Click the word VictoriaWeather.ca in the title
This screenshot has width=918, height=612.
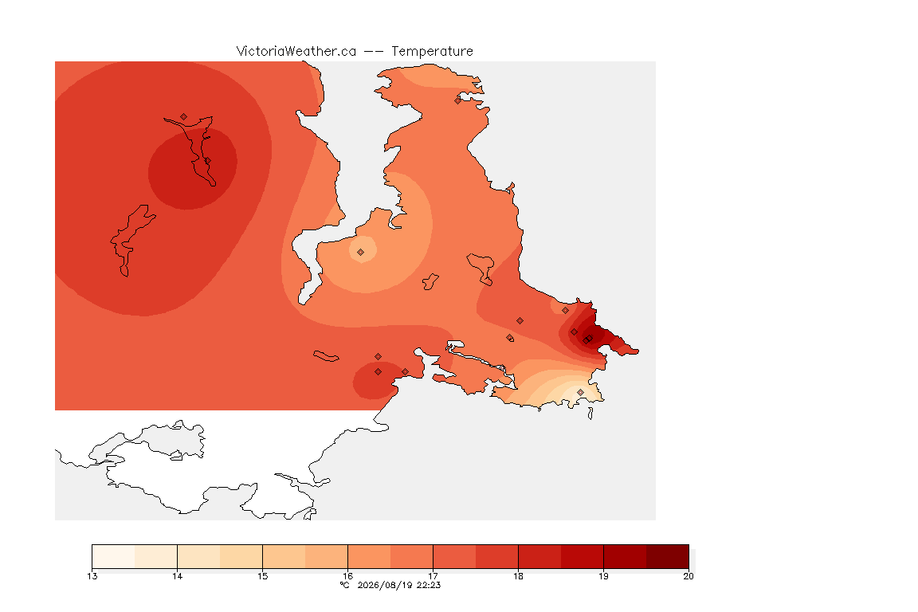click(x=296, y=52)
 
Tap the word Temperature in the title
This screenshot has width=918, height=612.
click(x=432, y=52)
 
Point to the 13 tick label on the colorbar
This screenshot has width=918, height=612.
click(x=92, y=576)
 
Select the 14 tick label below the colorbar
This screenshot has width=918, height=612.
click(x=178, y=576)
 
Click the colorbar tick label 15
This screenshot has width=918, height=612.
click(x=263, y=576)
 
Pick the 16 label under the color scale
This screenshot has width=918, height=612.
click(x=347, y=576)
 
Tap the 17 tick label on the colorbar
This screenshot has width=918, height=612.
click(x=433, y=576)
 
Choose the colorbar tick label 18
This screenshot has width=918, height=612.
click(x=518, y=576)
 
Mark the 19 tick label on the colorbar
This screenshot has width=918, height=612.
click(x=603, y=576)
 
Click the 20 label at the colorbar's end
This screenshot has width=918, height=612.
click(x=688, y=576)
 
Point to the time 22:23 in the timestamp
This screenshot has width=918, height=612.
click(x=429, y=585)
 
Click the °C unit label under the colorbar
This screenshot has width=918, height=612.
click(x=345, y=585)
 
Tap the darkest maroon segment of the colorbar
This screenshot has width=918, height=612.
click(x=668, y=556)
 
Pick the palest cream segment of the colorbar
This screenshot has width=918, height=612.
click(x=114, y=556)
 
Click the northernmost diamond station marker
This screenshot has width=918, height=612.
click(x=458, y=100)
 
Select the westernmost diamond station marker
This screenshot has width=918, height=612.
click(x=184, y=117)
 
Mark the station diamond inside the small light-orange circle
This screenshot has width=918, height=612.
click(x=361, y=253)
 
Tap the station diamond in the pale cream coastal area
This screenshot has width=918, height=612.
click(x=580, y=392)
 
